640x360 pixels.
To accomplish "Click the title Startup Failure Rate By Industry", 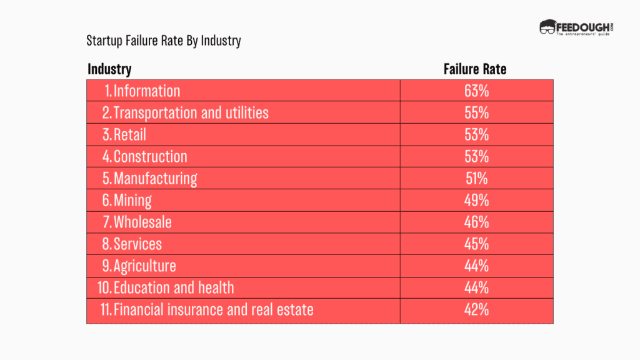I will tap(164, 41).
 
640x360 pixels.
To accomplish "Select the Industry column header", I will tap(109, 69).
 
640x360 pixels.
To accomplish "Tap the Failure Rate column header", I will tap(475, 69).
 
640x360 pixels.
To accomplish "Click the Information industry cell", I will tap(146, 91).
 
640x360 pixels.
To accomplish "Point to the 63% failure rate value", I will tap(476, 91).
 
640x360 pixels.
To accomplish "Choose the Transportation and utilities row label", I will tap(191, 112).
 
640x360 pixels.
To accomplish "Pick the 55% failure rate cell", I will tap(476, 112).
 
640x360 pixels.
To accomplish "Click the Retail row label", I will tap(130, 134).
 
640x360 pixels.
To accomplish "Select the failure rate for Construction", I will tap(476, 156).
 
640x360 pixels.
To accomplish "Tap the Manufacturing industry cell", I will tap(155, 178).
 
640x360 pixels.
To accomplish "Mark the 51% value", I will tap(476, 178).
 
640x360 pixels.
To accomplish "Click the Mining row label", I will tap(132, 200).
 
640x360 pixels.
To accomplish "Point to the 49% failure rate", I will tap(476, 200).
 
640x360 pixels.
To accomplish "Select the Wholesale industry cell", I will tap(142, 222).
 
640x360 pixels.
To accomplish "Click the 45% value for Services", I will tap(476, 244).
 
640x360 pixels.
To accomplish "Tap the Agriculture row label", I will tap(144, 266).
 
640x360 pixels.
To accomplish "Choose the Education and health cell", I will tap(174, 287).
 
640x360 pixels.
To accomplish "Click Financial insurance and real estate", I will tap(213, 309).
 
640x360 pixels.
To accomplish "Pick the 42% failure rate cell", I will tap(476, 309).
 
